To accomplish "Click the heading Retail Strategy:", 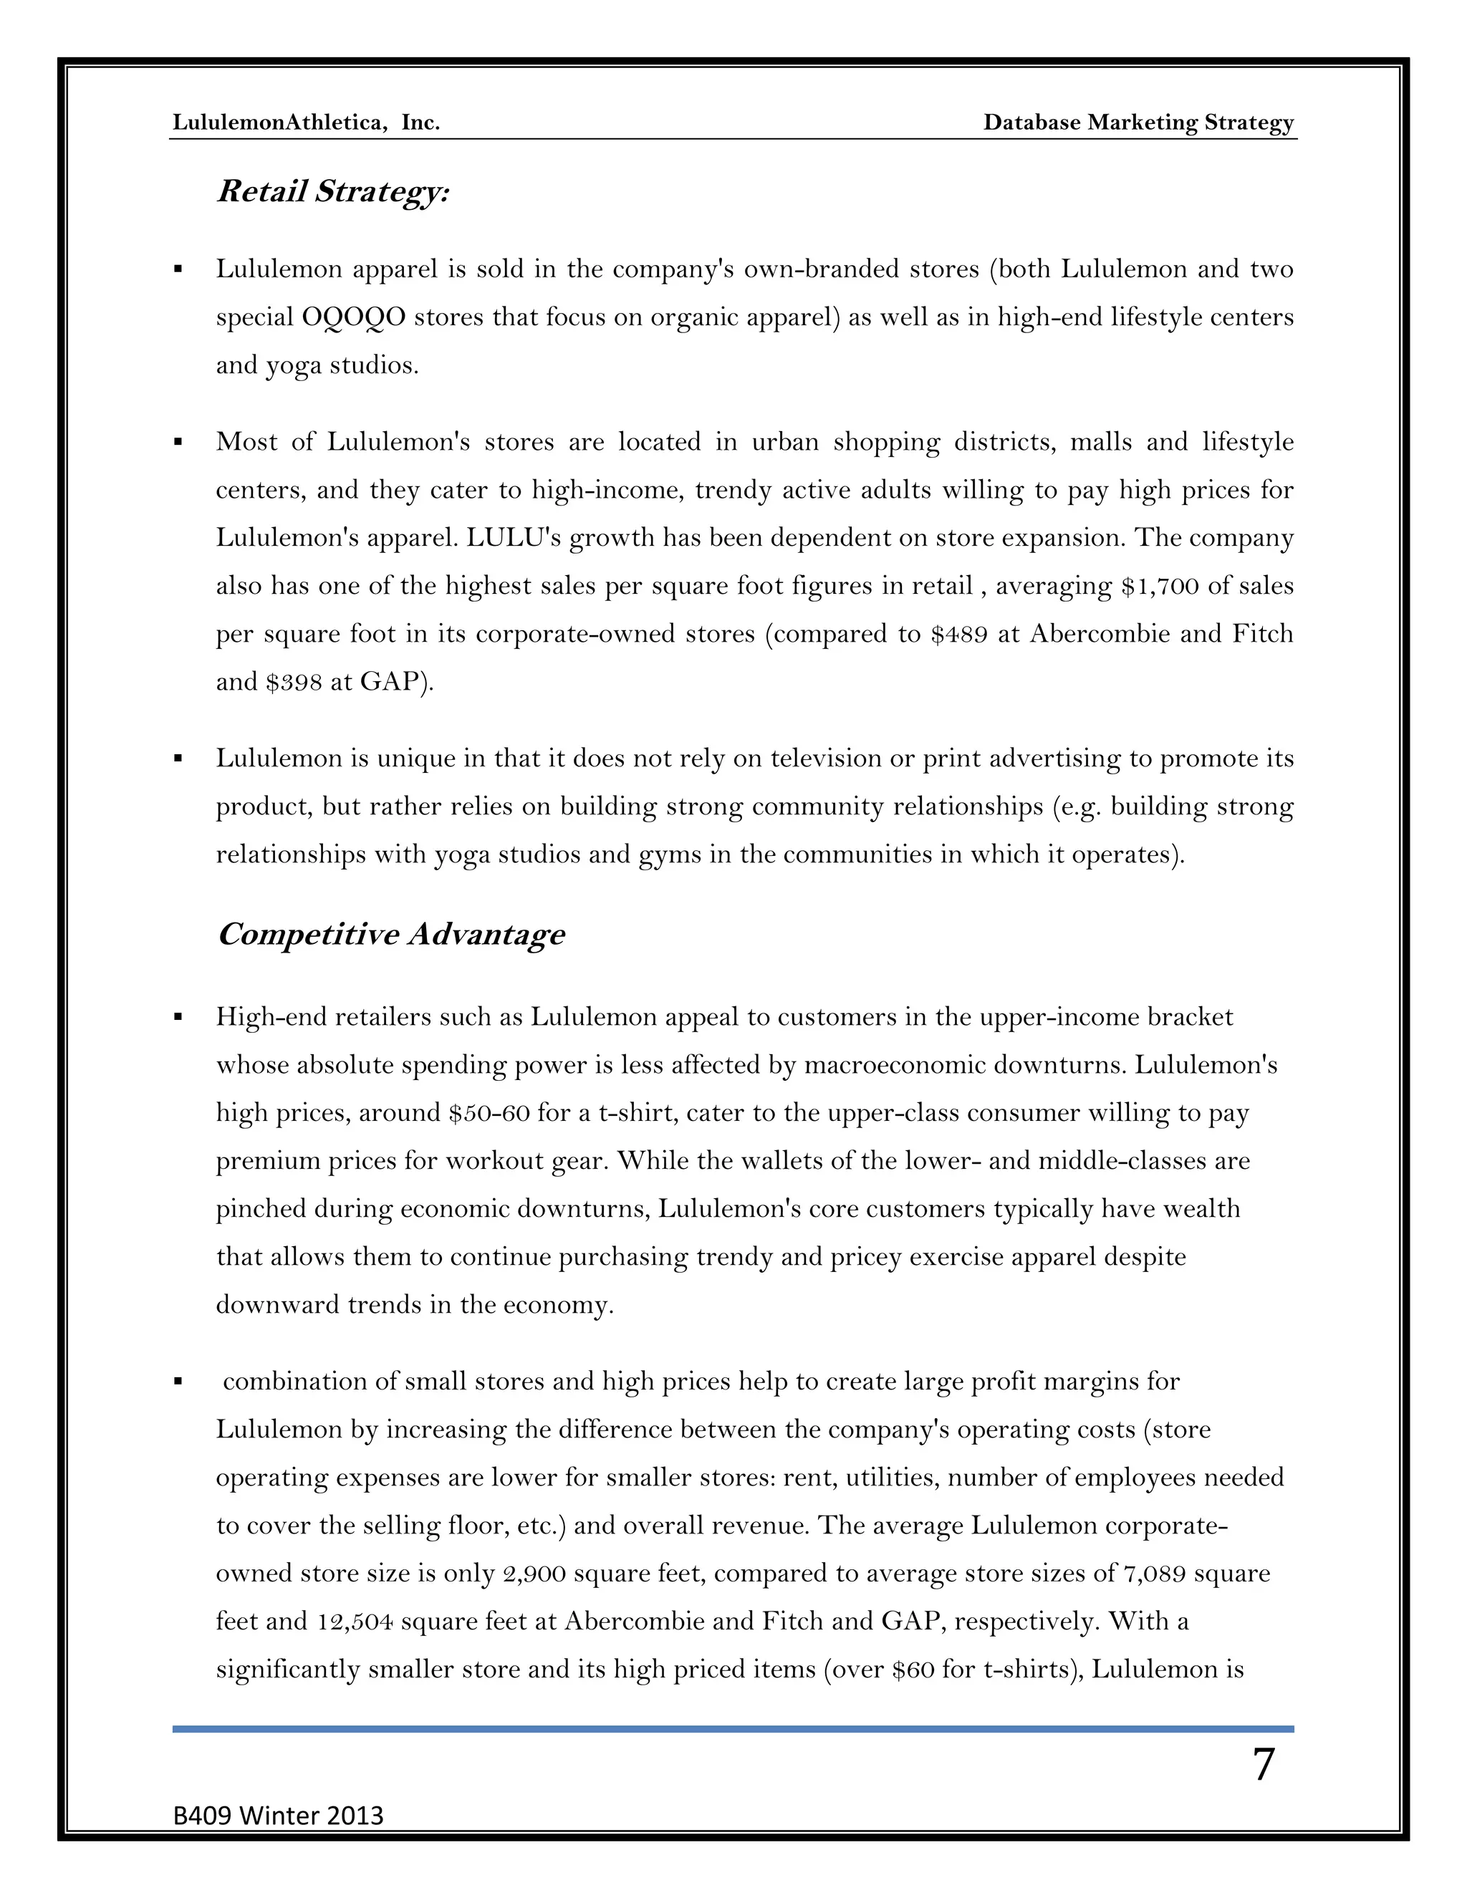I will pyautogui.click(x=333, y=192).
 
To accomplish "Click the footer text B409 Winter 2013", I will pyautogui.click(x=278, y=1816).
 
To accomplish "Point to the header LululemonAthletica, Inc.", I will pyautogui.click(x=306, y=122).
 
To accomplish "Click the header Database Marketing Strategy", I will pyautogui.click(x=1138, y=122).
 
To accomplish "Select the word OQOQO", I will pyautogui.click(x=354, y=317).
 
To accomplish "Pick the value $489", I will pyautogui.click(x=959, y=635).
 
